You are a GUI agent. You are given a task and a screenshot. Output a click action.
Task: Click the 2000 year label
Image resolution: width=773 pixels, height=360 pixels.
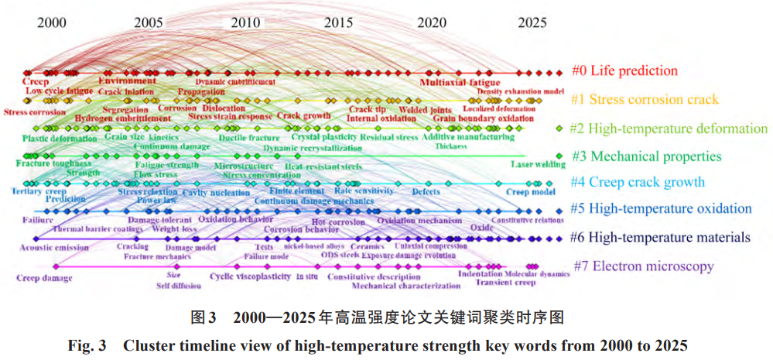[52, 22]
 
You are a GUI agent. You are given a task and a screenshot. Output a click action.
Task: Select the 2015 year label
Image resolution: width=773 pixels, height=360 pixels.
[339, 22]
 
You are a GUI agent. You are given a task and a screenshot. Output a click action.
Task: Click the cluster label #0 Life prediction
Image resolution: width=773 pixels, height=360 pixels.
[624, 71]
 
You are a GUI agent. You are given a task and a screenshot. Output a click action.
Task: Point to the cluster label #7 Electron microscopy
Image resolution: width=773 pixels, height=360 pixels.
[644, 267]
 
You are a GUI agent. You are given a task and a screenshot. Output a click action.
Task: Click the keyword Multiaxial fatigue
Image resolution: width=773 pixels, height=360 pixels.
[460, 81]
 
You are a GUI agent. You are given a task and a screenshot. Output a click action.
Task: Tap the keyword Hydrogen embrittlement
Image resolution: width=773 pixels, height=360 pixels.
[122, 118]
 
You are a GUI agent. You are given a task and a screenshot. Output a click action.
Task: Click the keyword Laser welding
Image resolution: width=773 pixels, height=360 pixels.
[538, 164]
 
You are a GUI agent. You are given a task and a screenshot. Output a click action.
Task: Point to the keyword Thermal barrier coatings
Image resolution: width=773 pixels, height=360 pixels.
[97, 229]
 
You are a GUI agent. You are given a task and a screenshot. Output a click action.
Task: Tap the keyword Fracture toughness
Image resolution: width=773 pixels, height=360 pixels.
[48, 164]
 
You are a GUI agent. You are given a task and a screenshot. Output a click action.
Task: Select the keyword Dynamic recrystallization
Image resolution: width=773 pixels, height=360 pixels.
[312, 147]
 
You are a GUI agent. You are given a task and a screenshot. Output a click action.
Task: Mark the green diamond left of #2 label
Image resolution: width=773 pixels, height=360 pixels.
[559, 129]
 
